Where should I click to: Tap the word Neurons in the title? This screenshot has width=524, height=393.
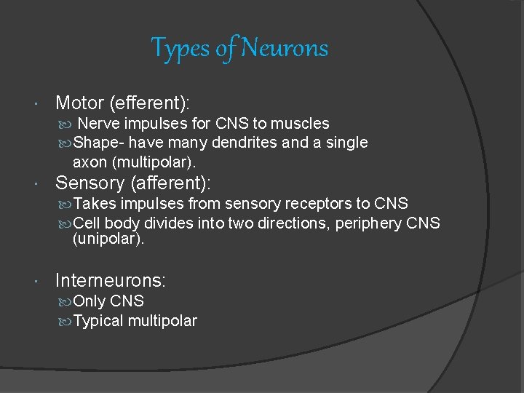coord(285,49)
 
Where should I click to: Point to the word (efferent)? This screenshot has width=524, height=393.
coord(162,103)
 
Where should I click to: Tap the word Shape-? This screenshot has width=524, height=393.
coord(100,143)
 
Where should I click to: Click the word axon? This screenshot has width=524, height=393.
coord(90,162)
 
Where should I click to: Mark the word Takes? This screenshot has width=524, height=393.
coord(95,204)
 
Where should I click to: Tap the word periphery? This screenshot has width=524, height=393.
coord(371,223)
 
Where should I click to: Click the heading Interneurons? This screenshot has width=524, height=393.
coord(111,280)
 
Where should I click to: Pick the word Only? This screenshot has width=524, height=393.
coord(90,301)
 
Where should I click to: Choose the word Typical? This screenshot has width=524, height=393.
coord(98,321)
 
